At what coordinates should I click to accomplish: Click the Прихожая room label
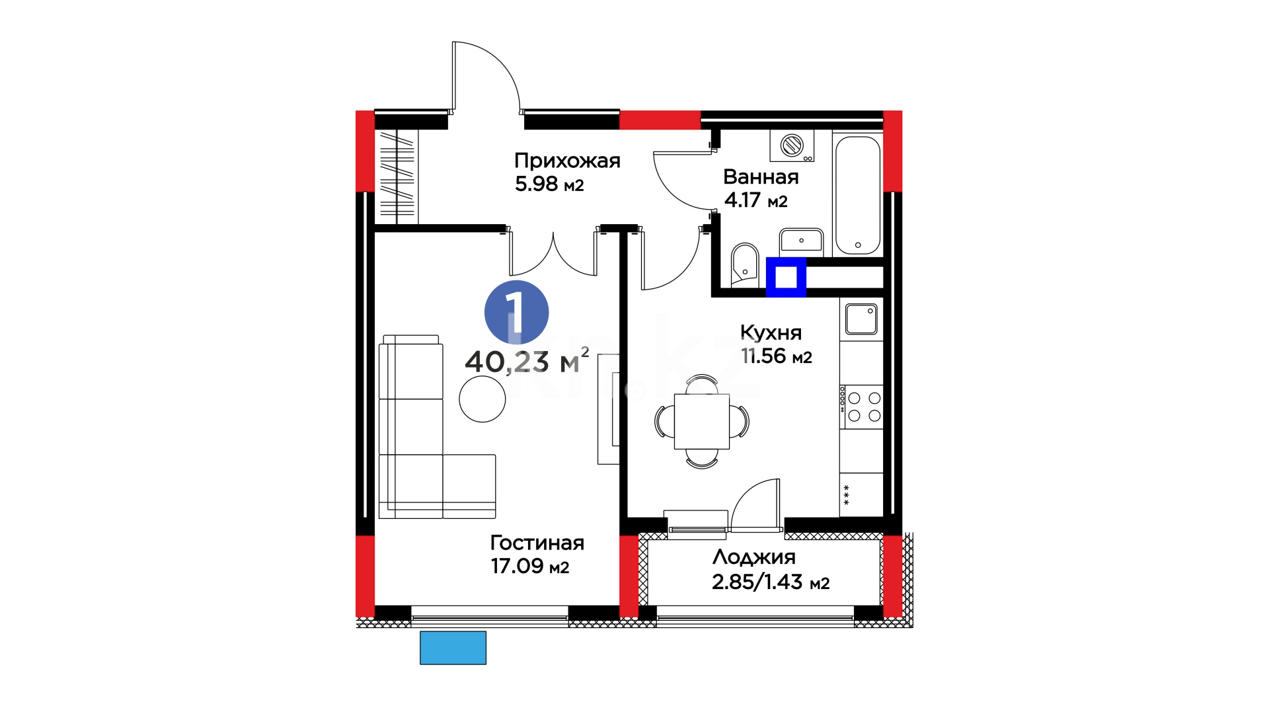pos(567,161)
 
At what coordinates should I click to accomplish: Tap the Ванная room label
pos(761,177)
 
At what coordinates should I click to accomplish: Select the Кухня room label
pos(771,333)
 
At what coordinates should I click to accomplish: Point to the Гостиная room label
pos(537,543)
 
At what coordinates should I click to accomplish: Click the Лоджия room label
pos(753,557)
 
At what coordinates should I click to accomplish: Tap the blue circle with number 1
pos(516,313)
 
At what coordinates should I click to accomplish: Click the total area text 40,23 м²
pos(527,361)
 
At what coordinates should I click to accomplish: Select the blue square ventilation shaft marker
pos(786,277)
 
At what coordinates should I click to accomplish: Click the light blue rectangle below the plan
pos(453,648)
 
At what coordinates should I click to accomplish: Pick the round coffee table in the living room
pos(482,399)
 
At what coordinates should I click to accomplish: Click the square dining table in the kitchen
pos(702,422)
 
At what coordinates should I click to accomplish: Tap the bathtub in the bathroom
pos(858,195)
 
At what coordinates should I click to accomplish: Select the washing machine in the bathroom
pos(792,145)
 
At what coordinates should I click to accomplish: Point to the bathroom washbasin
pos(801,241)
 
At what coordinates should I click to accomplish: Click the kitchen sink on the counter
pos(861,319)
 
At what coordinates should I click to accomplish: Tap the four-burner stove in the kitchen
pos(861,407)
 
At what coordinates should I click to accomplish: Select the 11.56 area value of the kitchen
pos(763,356)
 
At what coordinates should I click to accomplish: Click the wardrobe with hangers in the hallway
pos(397,177)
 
